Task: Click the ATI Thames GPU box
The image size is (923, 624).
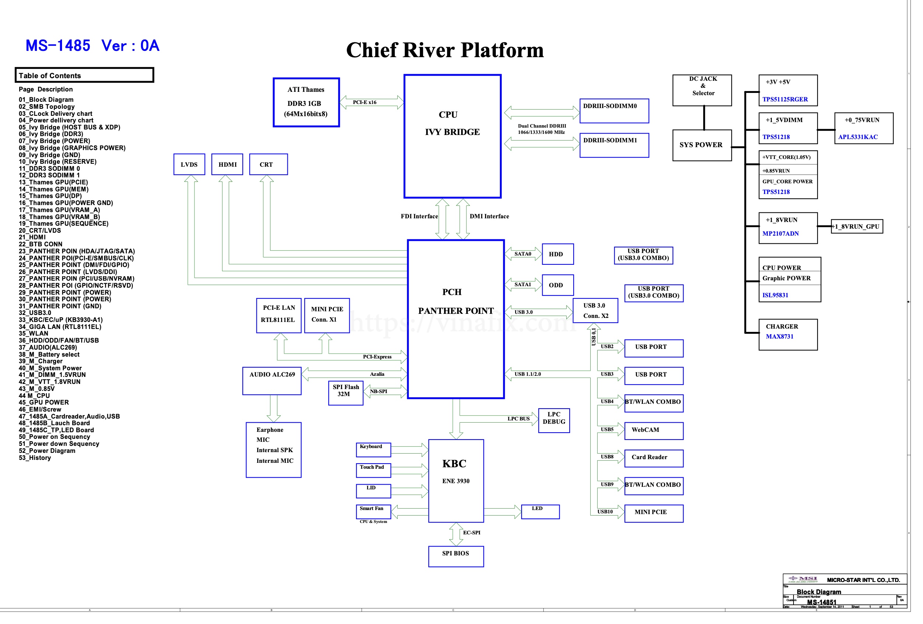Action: [306, 103]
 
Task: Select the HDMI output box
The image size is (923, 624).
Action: [227, 164]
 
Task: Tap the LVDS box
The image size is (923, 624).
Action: [189, 164]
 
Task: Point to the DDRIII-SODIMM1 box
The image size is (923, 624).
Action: [613, 145]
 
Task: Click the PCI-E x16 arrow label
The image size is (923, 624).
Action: [364, 103]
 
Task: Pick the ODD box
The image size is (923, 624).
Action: [557, 285]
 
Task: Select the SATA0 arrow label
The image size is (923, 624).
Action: [522, 254]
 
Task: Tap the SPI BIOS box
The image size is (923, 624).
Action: [456, 556]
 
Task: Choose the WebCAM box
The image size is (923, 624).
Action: [653, 430]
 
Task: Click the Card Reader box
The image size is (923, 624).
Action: [653, 458]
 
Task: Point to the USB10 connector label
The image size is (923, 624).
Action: [605, 512]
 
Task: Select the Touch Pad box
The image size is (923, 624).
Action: [373, 470]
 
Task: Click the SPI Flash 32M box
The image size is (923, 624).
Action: [346, 392]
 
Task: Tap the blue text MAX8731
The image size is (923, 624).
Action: [779, 337]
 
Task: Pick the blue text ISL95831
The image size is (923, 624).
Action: [775, 295]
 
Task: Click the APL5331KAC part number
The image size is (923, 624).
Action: [857, 137]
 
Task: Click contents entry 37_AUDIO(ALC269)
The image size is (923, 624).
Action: [48, 348]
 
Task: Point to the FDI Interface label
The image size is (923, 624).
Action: [419, 216]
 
